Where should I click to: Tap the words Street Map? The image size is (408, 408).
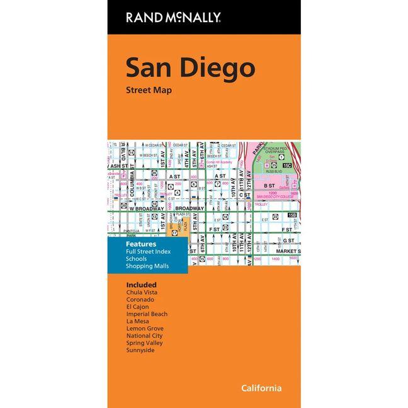point(149,90)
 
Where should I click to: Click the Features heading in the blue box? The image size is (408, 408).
point(142,244)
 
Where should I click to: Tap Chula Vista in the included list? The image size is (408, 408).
point(142,292)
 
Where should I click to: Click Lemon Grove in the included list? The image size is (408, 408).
point(145,328)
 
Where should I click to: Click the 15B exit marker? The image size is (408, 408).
point(291,216)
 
